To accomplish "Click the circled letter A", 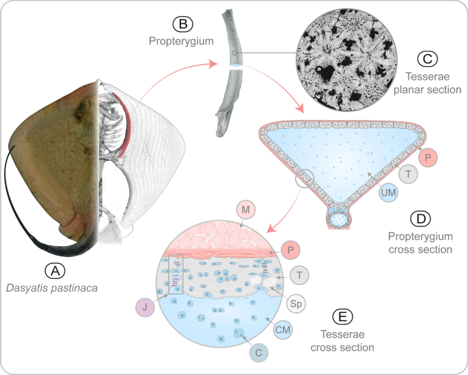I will pos(59,271).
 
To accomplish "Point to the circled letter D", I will pos(419,220).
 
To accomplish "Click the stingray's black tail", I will pos(27,205).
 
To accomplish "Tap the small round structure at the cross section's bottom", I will pos(338,220).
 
